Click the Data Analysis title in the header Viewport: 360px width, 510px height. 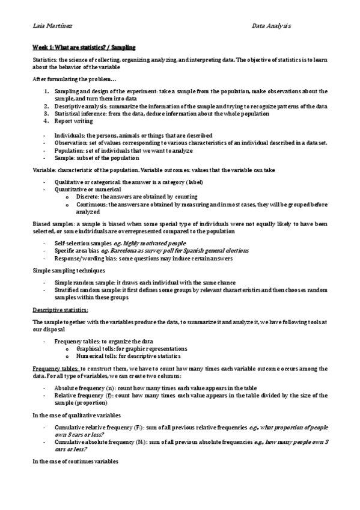[272, 26]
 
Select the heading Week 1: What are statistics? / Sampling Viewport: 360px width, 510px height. [84, 47]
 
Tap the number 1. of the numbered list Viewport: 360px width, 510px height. [47, 91]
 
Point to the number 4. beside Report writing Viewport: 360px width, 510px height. [47, 120]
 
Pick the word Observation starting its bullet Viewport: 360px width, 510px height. [70, 143]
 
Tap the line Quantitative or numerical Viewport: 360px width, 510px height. [86, 189]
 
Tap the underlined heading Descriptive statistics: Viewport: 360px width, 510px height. [60, 310]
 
